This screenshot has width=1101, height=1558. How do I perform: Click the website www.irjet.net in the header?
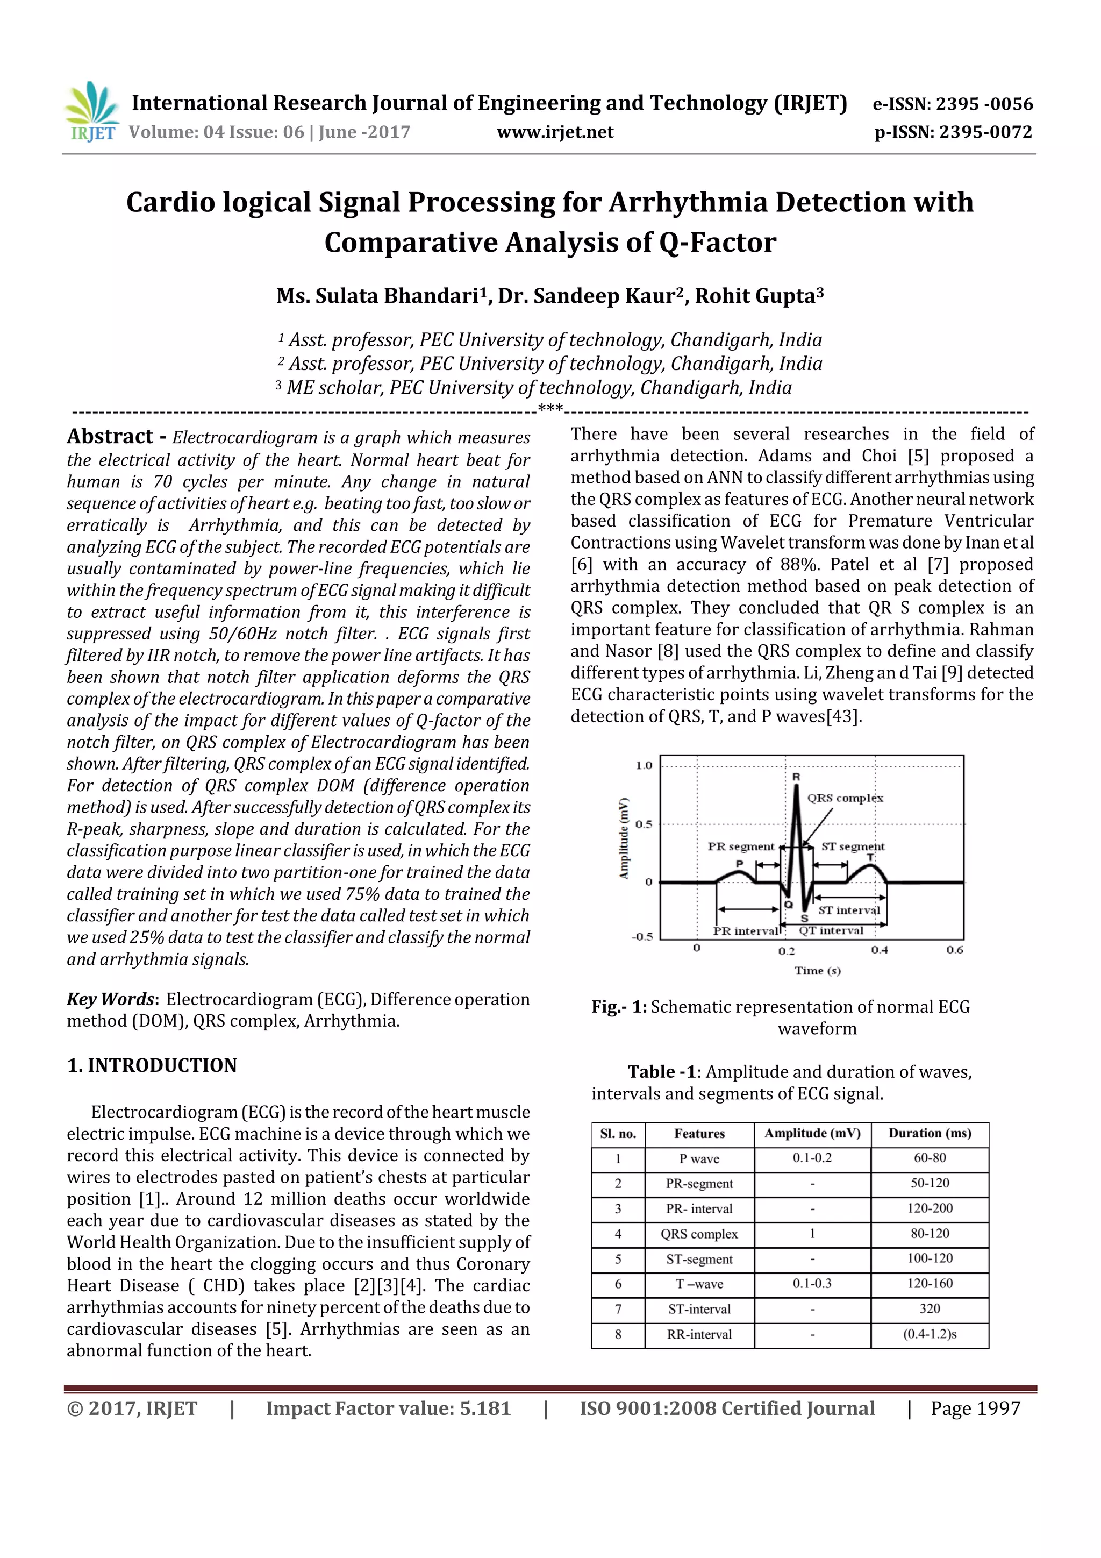coord(554,132)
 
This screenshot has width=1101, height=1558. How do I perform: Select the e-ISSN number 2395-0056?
coord(984,104)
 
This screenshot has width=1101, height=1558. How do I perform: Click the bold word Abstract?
coord(110,436)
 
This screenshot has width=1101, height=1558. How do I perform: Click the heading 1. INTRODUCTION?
coord(152,1065)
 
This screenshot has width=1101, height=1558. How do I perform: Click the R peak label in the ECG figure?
coord(796,776)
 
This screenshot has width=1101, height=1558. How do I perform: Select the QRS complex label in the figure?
coord(845,798)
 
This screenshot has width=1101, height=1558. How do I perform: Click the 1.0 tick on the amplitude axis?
coord(643,765)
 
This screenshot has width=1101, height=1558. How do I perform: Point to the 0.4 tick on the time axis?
coord(879,950)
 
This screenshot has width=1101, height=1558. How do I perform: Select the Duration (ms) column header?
coord(930,1133)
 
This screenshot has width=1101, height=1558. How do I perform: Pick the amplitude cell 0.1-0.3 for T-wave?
coord(811,1284)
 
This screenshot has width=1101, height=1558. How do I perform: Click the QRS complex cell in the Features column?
coord(699,1234)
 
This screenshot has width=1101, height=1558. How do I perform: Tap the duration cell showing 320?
coord(930,1309)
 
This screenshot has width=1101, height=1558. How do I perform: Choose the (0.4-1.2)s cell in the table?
coord(930,1334)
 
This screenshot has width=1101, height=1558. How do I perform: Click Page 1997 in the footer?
coord(975,1408)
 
